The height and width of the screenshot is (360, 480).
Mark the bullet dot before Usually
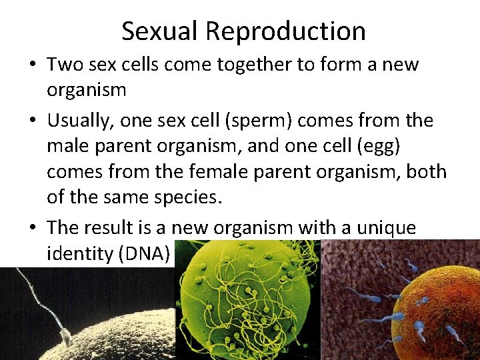click(x=33, y=121)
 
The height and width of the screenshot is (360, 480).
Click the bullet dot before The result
click(x=33, y=228)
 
